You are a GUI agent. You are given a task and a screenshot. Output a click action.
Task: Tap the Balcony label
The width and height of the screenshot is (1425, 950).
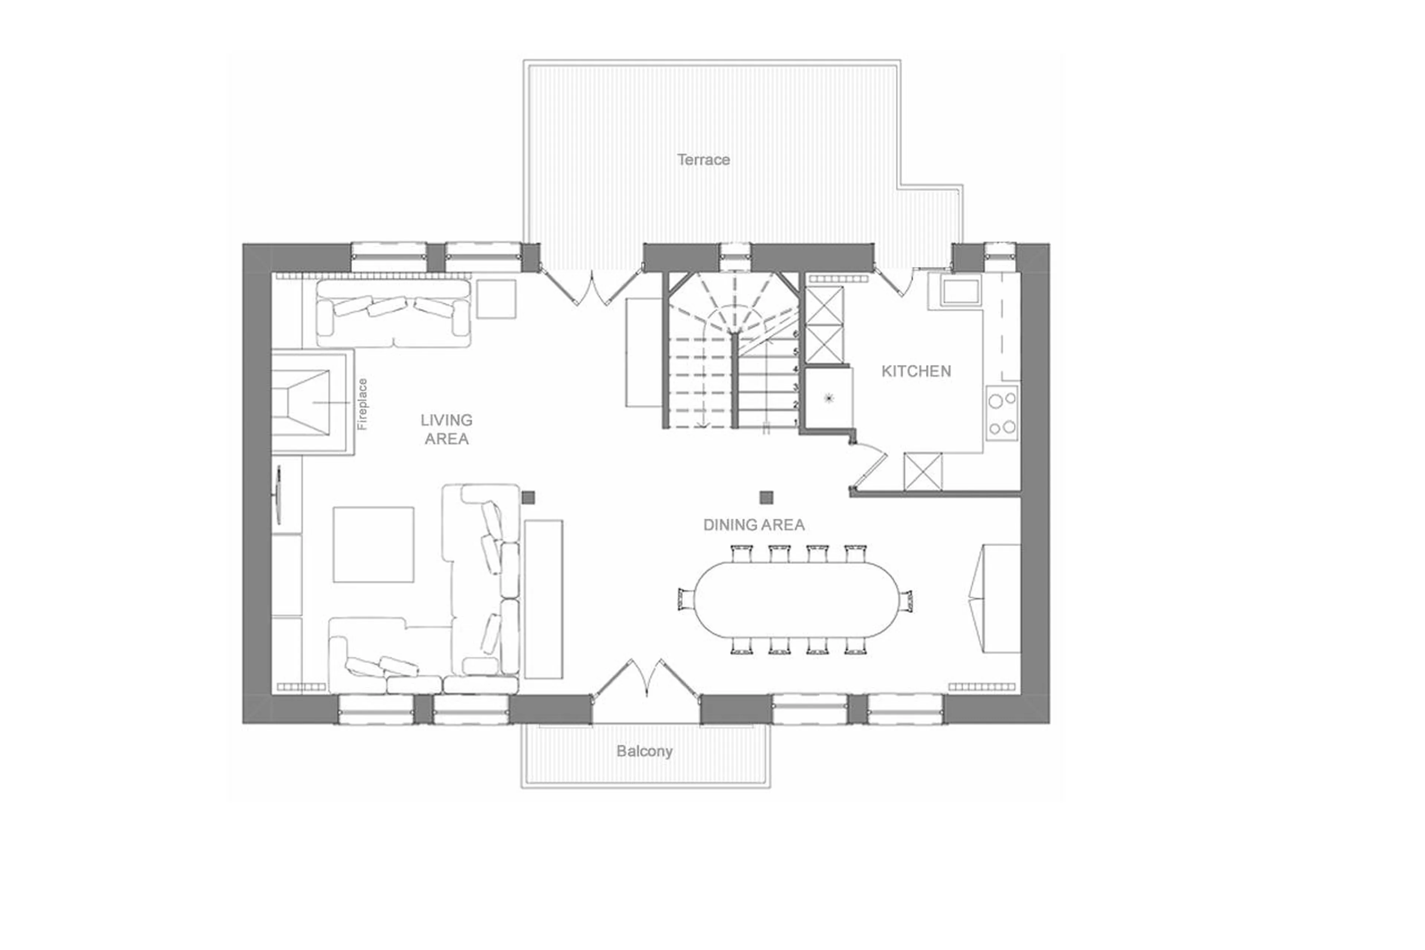tap(644, 751)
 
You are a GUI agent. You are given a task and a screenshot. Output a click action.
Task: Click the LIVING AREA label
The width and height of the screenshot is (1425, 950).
tap(446, 429)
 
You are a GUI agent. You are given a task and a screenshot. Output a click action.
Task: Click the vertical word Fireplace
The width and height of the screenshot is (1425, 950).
tap(362, 404)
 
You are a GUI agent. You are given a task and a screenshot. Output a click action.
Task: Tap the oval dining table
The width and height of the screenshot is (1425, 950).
tap(796, 599)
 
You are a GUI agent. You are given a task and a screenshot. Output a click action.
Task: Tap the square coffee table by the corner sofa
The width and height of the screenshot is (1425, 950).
tap(373, 545)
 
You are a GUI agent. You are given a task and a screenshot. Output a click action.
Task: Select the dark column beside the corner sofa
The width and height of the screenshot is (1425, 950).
tap(529, 497)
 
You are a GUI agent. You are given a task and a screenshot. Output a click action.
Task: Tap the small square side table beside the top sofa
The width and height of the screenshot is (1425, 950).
tap(496, 299)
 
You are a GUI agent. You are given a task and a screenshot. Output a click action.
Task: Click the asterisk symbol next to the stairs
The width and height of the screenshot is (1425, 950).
tap(829, 398)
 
